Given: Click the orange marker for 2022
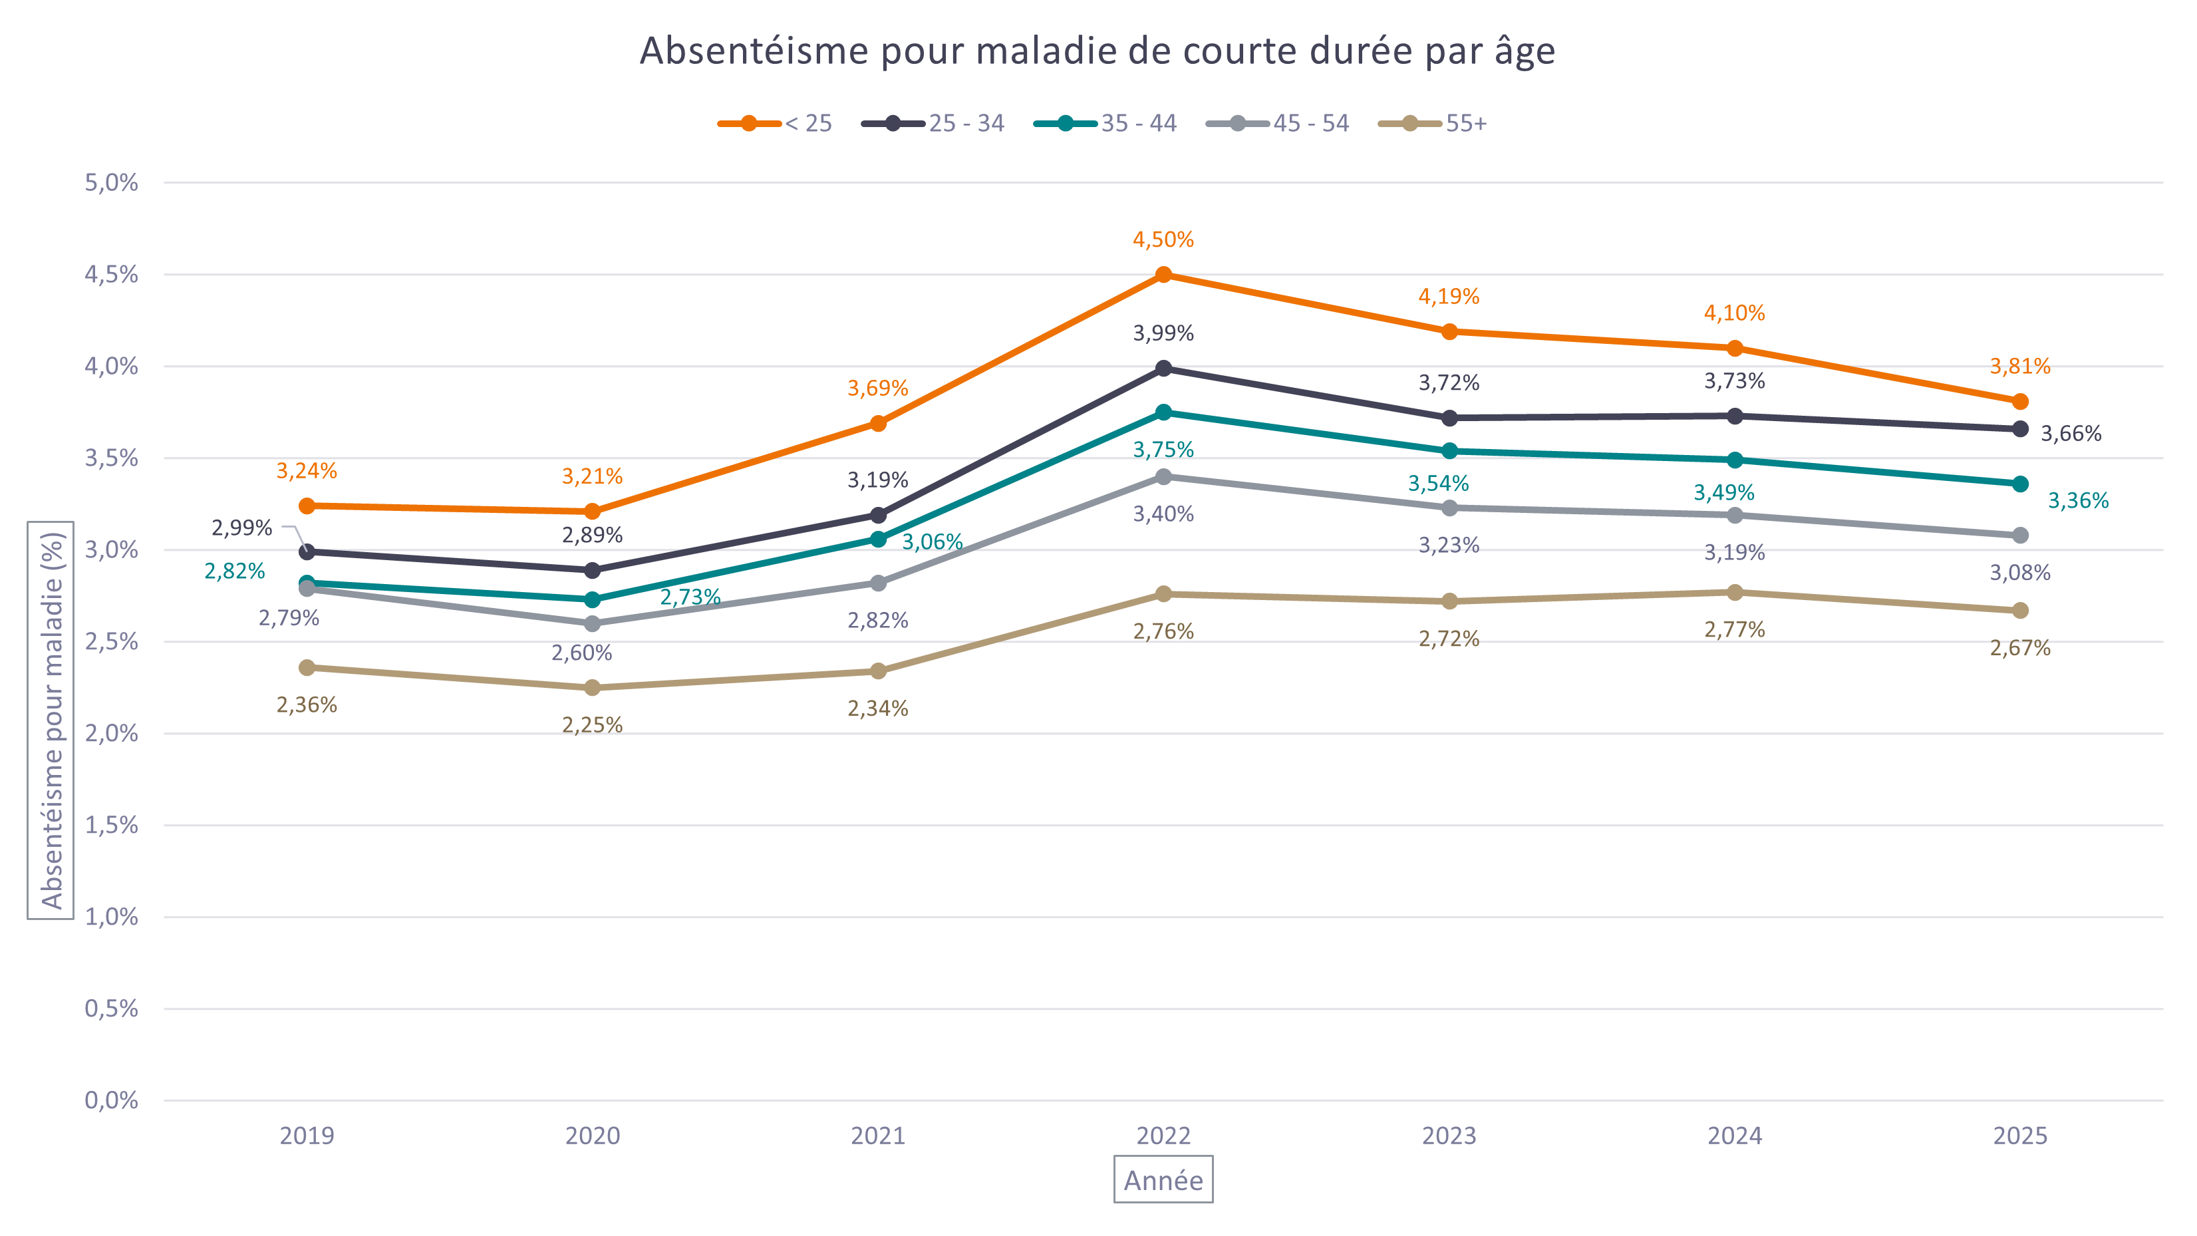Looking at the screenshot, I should click(x=1163, y=275).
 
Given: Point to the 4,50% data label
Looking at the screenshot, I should click(x=1163, y=239).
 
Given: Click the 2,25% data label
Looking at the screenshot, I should click(x=592, y=725).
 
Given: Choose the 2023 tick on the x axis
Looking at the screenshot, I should click(x=1449, y=1136).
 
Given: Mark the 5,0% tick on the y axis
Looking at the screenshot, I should click(x=111, y=182).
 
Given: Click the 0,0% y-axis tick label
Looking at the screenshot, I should click(x=111, y=1100).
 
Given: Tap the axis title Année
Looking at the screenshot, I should click(x=1163, y=1181).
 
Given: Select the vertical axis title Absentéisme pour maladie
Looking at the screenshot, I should click(x=51, y=721).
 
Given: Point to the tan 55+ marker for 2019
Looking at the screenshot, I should click(x=307, y=667).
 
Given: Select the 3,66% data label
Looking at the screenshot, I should click(x=2071, y=433).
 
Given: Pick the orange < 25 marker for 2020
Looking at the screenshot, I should click(x=592, y=511).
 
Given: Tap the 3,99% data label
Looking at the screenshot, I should click(x=1163, y=333).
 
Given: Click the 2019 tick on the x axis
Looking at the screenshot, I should click(x=307, y=1136).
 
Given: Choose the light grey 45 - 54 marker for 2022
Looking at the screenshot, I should click(x=1163, y=477).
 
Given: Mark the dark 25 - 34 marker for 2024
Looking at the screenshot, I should click(x=1735, y=416).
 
